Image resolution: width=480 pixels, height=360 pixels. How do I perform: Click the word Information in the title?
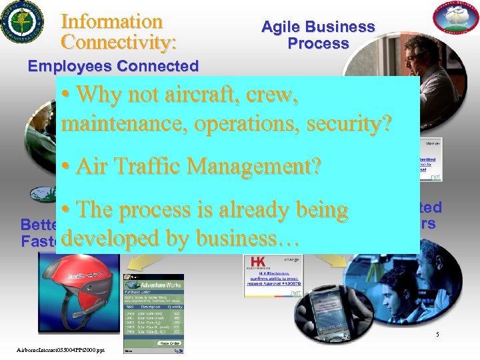[x=111, y=22]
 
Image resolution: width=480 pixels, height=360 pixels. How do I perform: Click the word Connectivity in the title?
[x=118, y=43]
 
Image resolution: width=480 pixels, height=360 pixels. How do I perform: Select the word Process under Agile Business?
[x=318, y=44]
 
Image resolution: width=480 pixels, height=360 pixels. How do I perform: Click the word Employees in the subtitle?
[x=69, y=67]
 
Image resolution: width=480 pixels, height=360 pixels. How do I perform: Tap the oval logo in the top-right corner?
[x=457, y=19]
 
